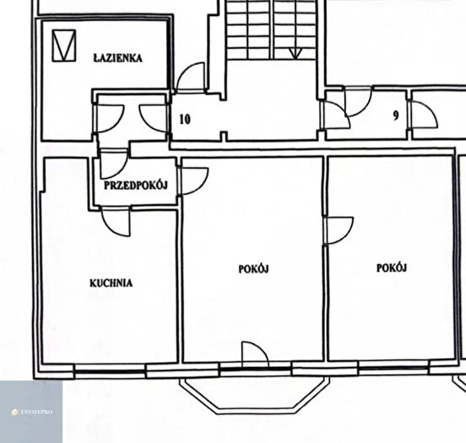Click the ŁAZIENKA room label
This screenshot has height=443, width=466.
point(117,58)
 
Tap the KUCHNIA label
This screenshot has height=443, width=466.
point(111,283)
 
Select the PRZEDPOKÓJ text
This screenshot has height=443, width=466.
point(136,186)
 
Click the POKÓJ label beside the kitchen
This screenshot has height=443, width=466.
point(253,269)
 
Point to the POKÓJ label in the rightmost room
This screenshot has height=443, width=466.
point(392,267)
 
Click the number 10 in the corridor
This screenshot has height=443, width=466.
point(185,120)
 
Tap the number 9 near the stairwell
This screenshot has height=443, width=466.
point(396,116)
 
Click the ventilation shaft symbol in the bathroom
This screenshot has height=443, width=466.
point(63,46)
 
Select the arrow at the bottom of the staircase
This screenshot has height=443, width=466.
point(295,53)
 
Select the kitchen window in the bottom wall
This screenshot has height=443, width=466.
point(110,370)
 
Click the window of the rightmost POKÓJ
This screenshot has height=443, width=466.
point(393,368)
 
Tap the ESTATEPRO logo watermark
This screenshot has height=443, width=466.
point(32,412)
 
